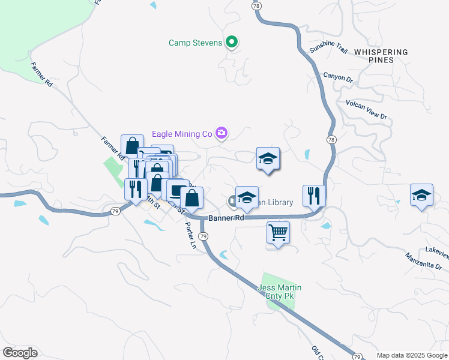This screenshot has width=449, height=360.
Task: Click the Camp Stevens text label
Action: [196, 43]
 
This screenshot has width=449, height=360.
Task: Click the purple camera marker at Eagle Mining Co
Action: [222, 133]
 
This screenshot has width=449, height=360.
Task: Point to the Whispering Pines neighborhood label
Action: [381, 56]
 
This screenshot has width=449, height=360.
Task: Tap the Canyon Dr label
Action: [337, 77]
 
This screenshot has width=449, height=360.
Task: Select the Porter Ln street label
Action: [191, 235]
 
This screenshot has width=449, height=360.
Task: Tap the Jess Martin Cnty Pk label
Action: [279, 292]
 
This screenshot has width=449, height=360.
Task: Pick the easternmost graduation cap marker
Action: [422, 194]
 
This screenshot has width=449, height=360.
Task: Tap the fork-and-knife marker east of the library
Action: [314, 194]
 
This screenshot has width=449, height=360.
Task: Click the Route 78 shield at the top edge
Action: [256, 5]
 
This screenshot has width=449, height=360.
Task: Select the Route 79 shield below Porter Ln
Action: [203, 237]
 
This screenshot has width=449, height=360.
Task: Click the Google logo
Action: [20, 353]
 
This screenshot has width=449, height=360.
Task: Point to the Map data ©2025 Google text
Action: [412, 355]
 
